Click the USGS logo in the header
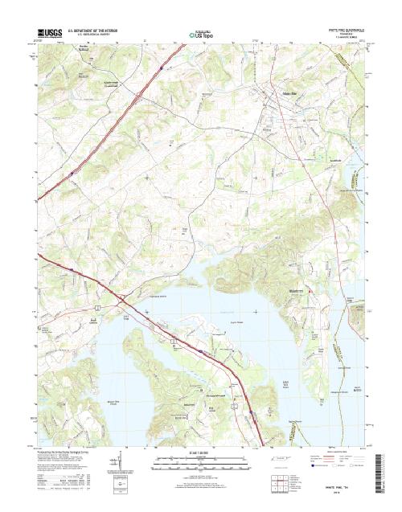tap(49, 34)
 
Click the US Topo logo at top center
tap(201, 35)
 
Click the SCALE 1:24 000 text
tap(201, 451)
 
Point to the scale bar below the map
tap(201, 461)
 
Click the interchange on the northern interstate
tap(137, 95)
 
